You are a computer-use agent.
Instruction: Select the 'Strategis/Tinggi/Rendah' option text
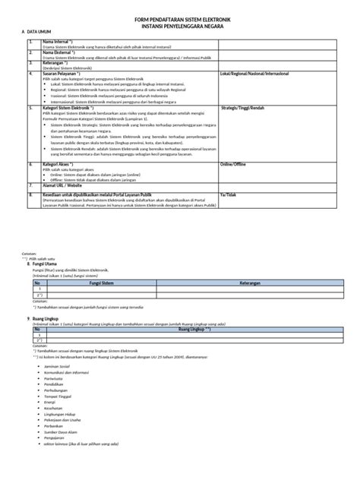241,109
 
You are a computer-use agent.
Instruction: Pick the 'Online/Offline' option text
232,163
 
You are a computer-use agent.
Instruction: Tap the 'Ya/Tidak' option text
227,194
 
